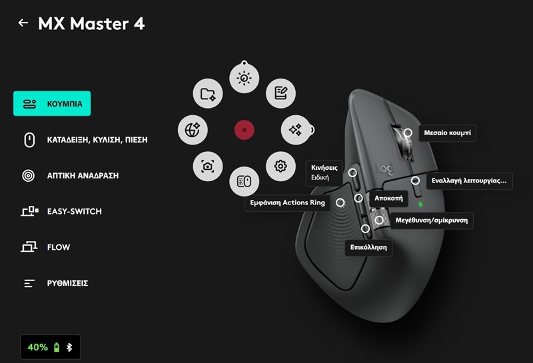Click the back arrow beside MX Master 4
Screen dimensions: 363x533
tap(23, 23)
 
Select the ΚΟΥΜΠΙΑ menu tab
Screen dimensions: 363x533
tap(52, 104)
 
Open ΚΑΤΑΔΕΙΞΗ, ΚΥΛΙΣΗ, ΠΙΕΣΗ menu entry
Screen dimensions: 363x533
tap(84, 140)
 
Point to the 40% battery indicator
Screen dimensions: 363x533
tap(38, 347)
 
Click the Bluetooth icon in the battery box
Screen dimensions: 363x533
tap(69, 347)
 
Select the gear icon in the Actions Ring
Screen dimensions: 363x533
tap(280, 166)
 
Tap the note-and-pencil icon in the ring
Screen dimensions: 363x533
tap(280, 93)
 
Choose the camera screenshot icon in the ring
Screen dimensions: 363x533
tap(207, 167)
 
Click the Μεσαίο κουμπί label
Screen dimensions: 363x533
tap(447, 133)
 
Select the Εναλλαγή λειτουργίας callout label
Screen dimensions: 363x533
tap(469, 181)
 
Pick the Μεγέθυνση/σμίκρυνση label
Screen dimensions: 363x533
tap(432, 220)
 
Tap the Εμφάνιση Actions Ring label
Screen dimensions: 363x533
tap(286, 202)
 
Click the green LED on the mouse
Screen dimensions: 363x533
tap(420, 204)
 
